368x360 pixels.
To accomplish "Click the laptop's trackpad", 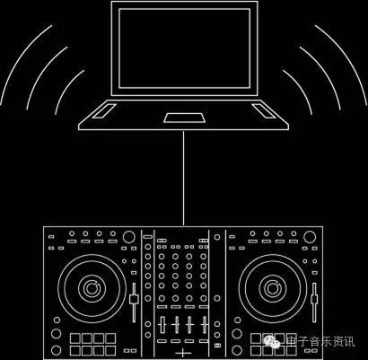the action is (x=184, y=118).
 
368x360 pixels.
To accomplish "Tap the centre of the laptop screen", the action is (x=184, y=48).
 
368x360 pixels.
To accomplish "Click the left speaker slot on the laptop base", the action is (x=104, y=110).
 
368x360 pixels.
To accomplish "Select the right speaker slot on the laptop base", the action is (x=264, y=110).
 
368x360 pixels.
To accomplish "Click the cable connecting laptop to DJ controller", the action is (x=183, y=178).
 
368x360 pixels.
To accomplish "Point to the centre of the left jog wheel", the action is (x=92, y=288).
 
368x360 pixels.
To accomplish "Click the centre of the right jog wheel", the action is (x=273, y=288).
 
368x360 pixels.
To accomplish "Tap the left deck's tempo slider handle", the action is (x=134, y=299).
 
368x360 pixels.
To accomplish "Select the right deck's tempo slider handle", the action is (x=314, y=299).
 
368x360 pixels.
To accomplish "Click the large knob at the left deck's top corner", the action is (x=129, y=237).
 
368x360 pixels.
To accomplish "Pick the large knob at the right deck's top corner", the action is (x=310, y=237).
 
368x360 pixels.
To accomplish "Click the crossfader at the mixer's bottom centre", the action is (x=183, y=353).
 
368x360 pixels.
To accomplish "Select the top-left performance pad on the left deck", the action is (x=75, y=338).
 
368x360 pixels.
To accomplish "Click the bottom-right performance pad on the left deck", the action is (x=110, y=350).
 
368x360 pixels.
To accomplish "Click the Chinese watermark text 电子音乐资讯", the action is (x=320, y=342).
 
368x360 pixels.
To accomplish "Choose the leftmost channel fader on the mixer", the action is (x=162, y=324).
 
